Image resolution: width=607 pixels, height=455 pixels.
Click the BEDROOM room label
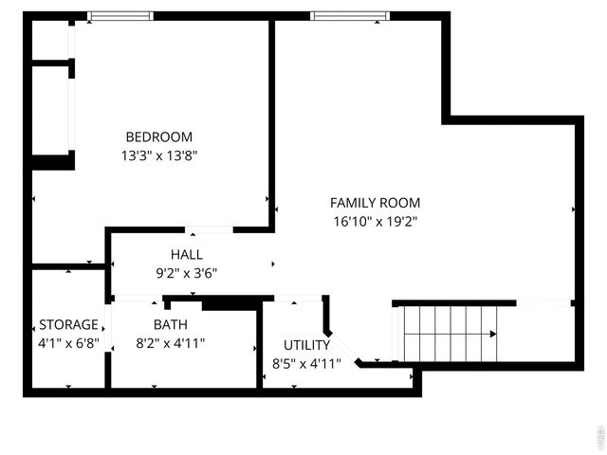pos(158,136)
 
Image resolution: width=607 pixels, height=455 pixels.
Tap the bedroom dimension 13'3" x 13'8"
pos(158,155)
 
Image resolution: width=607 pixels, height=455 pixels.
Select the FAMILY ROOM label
pos(375,203)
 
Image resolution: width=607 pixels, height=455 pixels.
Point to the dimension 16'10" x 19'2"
pos(375,221)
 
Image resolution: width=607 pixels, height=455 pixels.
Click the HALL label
pos(186,254)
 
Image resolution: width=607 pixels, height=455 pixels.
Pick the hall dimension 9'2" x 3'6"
pos(186,272)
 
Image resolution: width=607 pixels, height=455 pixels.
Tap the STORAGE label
pos(68,324)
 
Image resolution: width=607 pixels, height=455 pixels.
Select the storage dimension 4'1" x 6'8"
pos(68,342)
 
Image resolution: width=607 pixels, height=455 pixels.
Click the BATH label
pos(171,324)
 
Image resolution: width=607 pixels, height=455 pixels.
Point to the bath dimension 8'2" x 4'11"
pos(171,342)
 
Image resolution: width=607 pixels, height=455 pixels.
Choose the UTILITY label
pos(306,345)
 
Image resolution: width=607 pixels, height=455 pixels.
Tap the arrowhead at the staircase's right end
pos(493,334)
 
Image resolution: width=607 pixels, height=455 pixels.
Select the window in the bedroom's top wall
pos(120,16)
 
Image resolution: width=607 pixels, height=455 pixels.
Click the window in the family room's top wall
pos(348,16)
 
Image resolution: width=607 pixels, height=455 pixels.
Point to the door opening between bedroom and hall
pos(210,229)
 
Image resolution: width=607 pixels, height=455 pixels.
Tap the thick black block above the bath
pos(230,303)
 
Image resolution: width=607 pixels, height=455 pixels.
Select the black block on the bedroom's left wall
pos(52,161)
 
